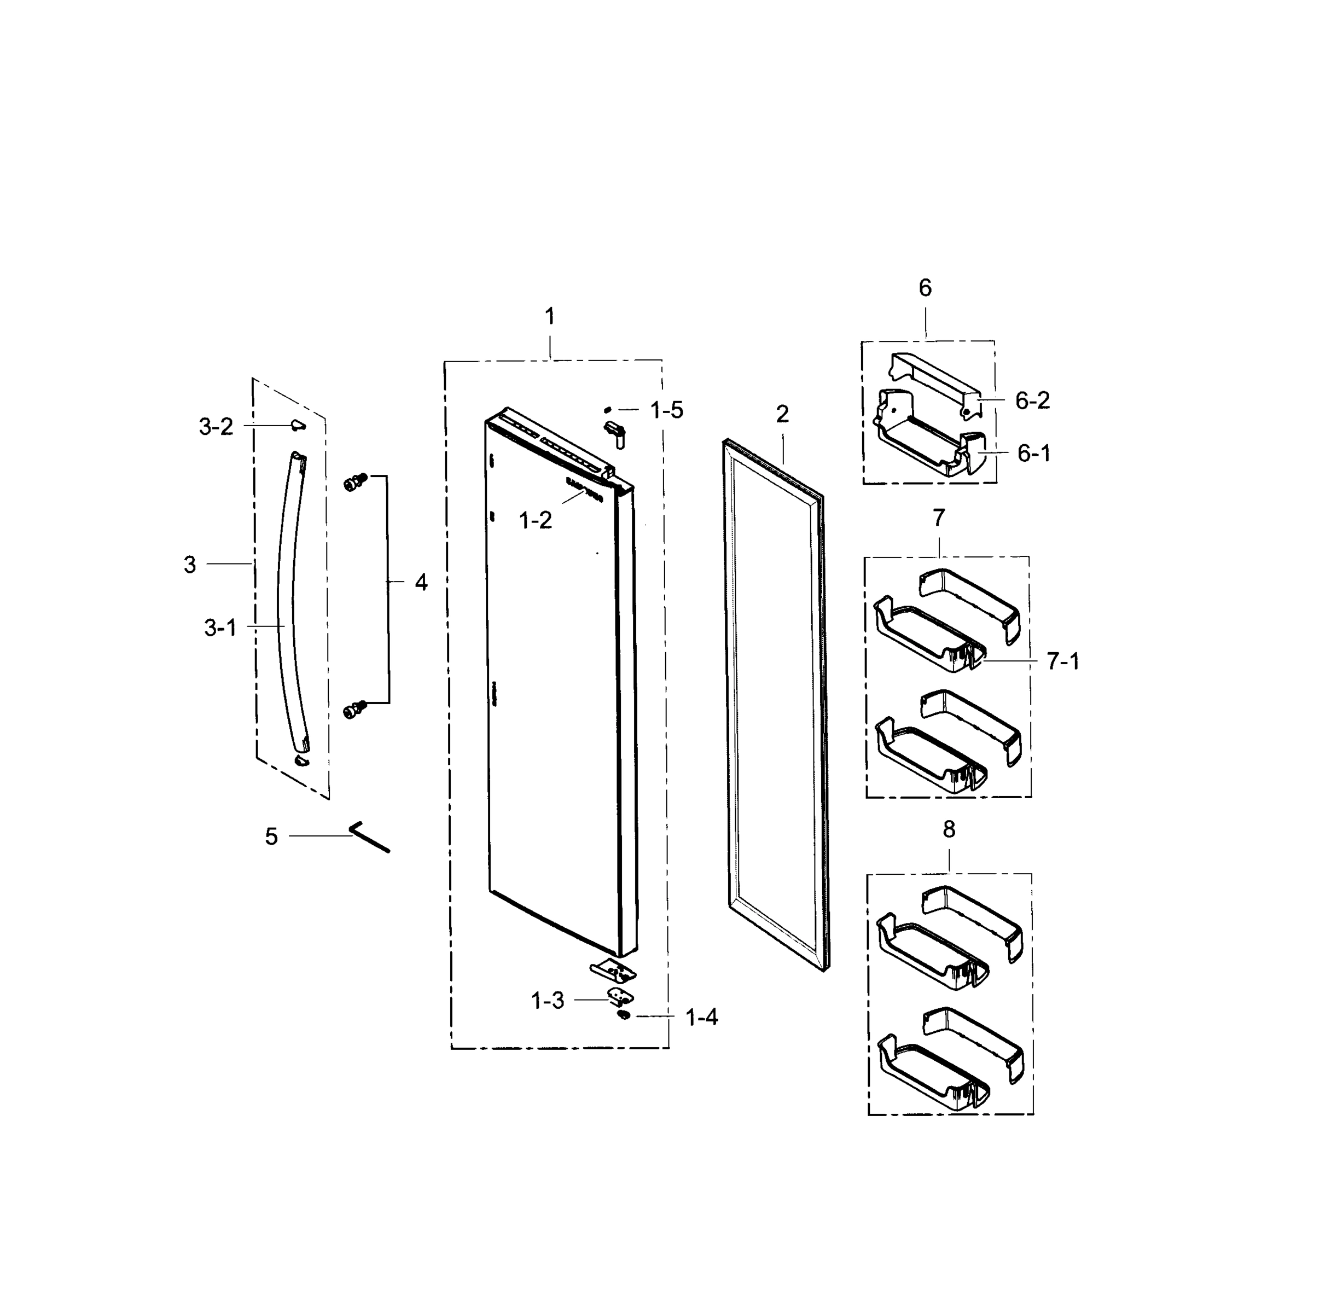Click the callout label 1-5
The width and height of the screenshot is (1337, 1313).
pyautogui.click(x=666, y=410)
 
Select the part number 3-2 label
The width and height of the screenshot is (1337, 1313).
pyautogui.click(x=216, y=427)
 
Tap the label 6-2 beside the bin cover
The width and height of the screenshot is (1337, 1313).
pyautogui.click(x=1032, y=400)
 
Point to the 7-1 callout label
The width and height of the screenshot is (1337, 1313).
pyautogui.click(x=1062, y=661)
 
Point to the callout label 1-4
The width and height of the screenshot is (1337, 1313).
pyautogui.click(x=702, y=1017)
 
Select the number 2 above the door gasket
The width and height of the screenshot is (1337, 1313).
pyautogui.click(x=782, y=414)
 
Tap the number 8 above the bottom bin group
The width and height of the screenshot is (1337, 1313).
pyautogui.click(x=949, y=829)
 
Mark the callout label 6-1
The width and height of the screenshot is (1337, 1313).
pyautogui.click(x=1033, y=454)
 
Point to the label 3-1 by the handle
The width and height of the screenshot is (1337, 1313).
pyautogui.click(x=220, y=628)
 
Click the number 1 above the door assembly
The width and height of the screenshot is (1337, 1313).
pyautogui.click(x=550, y=317)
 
